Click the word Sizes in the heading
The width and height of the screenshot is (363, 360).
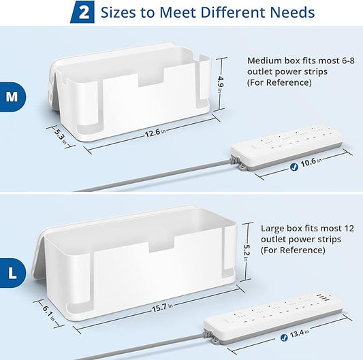[123, 12]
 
